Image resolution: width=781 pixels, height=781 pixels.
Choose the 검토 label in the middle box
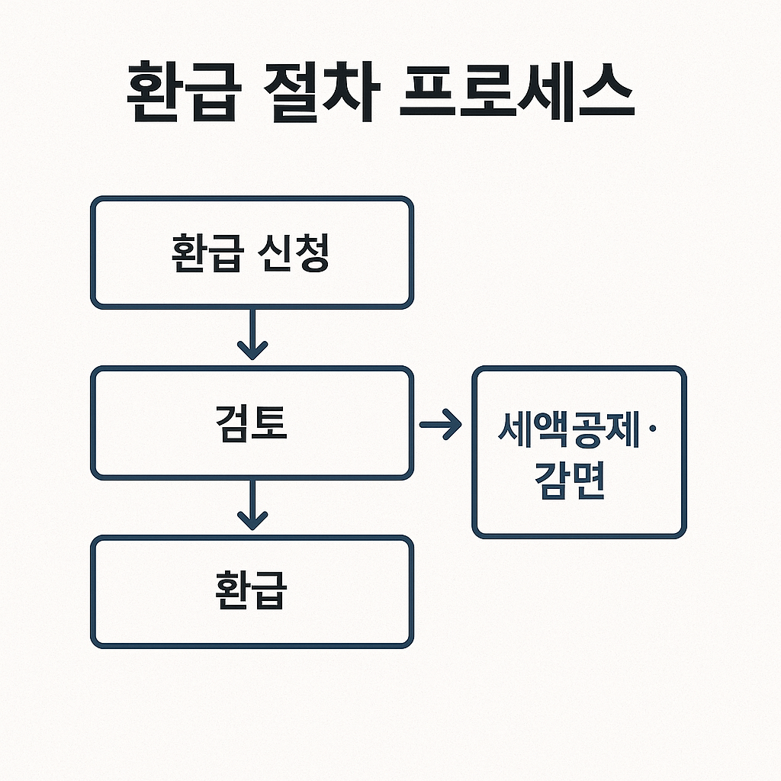pyautogui.click(x=251, y=424)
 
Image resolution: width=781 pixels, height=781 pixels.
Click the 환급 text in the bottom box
pyautogui.click(x=251, y=593)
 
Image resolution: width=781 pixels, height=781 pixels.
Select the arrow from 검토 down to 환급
pyautogui.click(x=252, y=504)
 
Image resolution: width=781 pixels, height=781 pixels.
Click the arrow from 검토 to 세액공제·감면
pyautogui.click(x=441, y=425)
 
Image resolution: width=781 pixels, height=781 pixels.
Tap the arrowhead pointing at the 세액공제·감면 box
pyautogui.click(x=453, y=425)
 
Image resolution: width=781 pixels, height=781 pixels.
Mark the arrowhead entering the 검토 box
pyautogui.click(x=252, y=351)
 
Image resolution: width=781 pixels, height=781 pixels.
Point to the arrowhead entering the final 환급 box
pyautogui.click(x=252, y=520)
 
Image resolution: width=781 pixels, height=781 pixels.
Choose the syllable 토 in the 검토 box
pyautogui.click(x=271, y=424)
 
